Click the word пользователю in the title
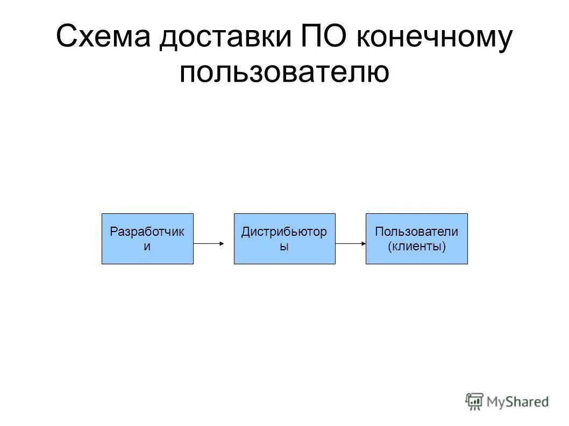(284, 73)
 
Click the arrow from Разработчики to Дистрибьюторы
(208, 243)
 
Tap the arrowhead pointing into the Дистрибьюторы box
(221, 243)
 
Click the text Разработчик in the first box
(147, 232)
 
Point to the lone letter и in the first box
(147, 247)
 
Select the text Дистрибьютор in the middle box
(284, 232)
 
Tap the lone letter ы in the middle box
(284, 247)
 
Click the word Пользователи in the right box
(416, 232)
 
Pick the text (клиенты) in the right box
(416, 247)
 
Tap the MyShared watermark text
(517, 401)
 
